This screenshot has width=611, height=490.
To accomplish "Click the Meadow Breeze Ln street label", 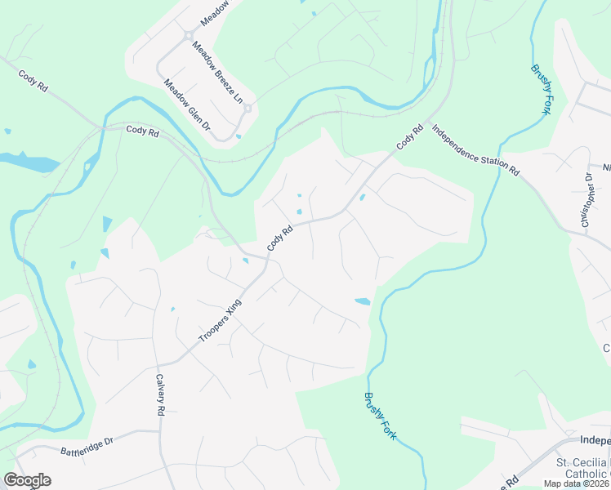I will point(217,73).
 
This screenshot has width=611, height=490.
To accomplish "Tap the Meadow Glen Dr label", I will point(187,105).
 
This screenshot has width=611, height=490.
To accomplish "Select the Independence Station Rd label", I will point(475,150).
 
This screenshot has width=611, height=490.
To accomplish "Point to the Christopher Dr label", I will point(586,200).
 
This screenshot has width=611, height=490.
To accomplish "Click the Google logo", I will point(28,480).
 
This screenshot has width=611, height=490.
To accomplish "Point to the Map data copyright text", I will point(575,483).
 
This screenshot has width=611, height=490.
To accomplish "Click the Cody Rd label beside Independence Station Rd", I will point(410,136).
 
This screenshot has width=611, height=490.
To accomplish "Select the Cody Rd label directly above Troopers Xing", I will point(279,238).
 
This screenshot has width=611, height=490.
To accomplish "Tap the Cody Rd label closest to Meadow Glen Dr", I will point(142,131).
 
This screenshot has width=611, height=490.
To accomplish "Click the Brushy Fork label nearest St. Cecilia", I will point(380,416).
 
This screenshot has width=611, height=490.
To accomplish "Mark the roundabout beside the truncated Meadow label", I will point(190,36).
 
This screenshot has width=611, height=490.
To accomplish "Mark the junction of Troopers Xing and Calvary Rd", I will point(160,363).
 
